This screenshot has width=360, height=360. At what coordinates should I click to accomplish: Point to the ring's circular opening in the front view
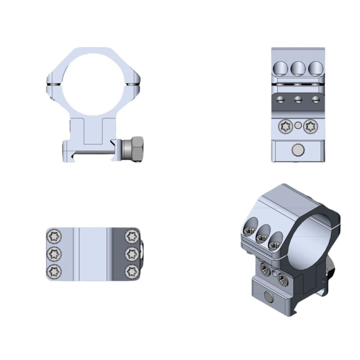[93, 84]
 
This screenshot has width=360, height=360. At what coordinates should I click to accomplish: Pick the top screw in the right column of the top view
[132, 236]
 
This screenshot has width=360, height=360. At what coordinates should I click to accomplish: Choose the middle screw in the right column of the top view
[132, 254]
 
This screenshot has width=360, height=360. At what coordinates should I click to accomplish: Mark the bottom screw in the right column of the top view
[132, 271]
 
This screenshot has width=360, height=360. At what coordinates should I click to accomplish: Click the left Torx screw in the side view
[286, 127]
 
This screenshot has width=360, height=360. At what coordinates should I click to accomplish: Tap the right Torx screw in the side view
[310, 127]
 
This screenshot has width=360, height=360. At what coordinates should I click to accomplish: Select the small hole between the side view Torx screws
[298, 126]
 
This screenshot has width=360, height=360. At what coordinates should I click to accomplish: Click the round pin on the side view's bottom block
[298, 150]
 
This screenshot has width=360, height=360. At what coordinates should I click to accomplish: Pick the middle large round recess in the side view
[298, 69]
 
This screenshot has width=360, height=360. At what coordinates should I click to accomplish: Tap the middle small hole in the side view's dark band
[298, 100]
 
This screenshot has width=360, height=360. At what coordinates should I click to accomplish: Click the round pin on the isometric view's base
[269, 297]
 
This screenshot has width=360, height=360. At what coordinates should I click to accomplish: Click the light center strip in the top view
[93, 254]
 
